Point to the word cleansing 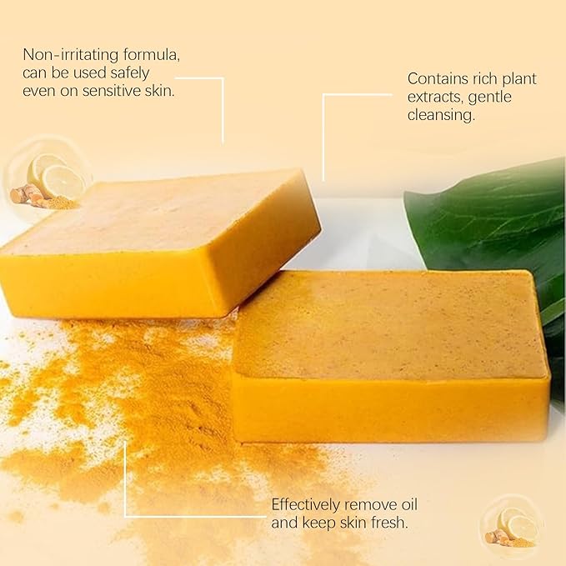441,116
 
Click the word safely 152,73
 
